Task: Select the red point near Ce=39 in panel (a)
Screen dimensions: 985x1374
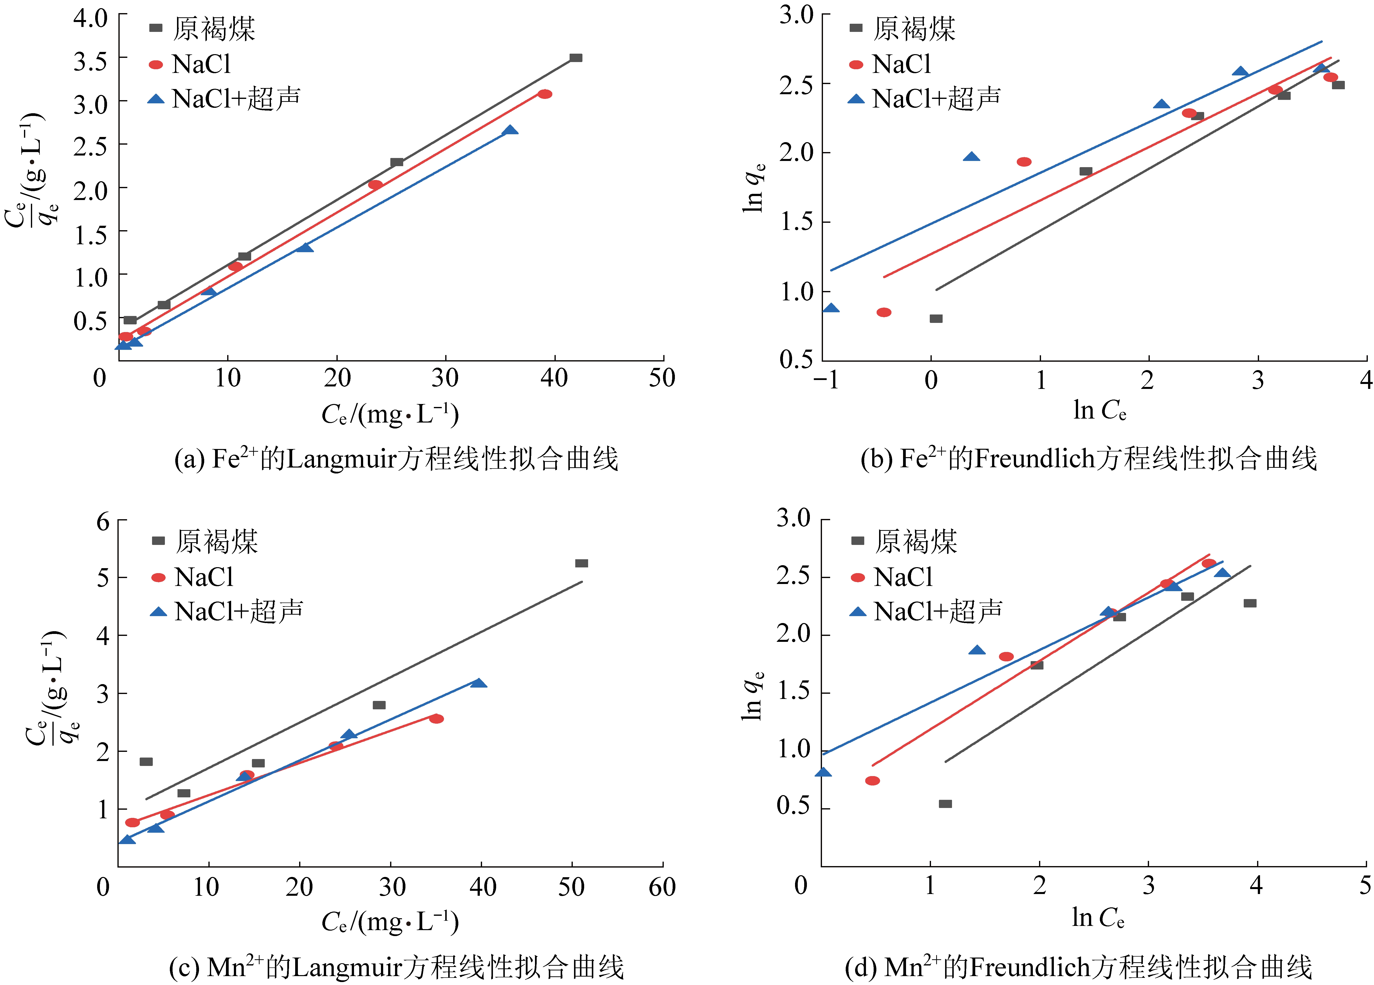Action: pos(545,94)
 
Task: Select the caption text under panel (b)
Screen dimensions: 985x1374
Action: pos(1089,459)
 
